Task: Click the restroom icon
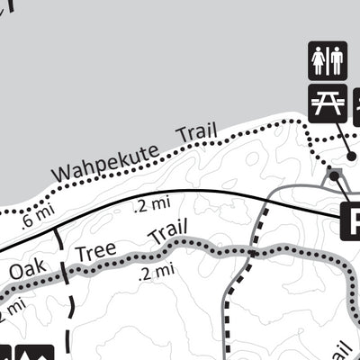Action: coord(328,61)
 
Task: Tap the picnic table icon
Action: coord(328,103)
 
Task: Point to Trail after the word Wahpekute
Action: coord(197,132)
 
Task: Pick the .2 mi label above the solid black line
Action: coord(150,206)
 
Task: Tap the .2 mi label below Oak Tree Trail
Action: coord(156,271)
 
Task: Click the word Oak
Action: coord(28,269)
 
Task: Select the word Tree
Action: coord(95,251)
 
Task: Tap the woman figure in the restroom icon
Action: coord(319,61)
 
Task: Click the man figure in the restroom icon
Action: coord(337,61)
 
